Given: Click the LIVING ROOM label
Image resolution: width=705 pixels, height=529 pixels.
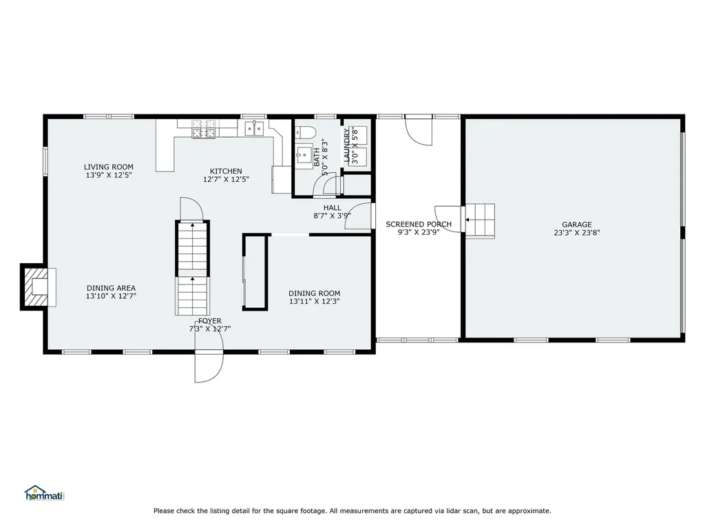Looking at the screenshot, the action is point(108,167).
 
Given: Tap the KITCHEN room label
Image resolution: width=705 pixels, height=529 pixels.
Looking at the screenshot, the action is point(226,171).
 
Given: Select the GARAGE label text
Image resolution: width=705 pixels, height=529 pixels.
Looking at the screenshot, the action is point(577,225).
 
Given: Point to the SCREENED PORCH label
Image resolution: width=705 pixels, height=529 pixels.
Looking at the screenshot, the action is point(419,224).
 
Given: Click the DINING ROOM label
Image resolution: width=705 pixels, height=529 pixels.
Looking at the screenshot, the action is point(314,293).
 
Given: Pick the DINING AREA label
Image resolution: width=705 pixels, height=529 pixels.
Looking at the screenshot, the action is point(111,288).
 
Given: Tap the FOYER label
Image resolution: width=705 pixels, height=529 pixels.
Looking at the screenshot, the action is point(210,321).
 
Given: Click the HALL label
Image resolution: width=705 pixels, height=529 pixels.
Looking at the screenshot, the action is point(333,207).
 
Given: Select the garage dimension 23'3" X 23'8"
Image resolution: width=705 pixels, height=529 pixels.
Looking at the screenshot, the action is point(577,233).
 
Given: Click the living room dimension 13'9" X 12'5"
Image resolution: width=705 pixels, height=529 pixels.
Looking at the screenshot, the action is point(108,175).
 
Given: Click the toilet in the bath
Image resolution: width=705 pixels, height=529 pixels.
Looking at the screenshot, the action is point(306,132).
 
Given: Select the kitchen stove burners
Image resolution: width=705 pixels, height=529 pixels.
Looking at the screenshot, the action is point(204,128).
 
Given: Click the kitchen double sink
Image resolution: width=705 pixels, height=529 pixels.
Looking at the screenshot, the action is point(255,128).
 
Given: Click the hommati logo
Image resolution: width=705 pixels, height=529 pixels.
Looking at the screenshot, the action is point(45,493).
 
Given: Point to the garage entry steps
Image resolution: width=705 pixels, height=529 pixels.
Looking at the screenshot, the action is point(480,220).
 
